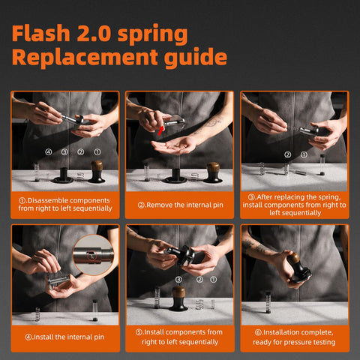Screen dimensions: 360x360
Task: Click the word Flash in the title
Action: coord(41,33)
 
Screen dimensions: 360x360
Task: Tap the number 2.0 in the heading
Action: coord(94,33)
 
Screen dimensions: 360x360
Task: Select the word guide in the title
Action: coord(196,58)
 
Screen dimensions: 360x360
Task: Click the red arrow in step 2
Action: coord(160,130)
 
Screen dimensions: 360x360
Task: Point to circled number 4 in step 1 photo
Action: coord(49,151)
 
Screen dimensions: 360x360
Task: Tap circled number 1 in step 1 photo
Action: coord(97,151)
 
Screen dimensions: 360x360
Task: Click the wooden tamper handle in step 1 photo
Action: coord(97,168)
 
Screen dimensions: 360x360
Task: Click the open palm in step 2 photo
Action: coord(174,145)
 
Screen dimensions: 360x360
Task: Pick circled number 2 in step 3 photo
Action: coord(288,155)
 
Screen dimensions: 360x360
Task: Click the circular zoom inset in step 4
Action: coord(94,255)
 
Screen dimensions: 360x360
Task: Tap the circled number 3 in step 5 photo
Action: coord(178,280)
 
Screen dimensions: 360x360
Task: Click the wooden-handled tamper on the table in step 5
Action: coord(178,298)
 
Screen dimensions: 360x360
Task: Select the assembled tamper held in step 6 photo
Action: coord(298,268)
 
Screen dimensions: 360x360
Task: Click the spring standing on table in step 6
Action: coord(268,303)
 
